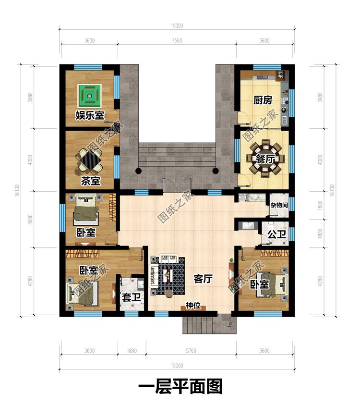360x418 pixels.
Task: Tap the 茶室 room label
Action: (91, 181)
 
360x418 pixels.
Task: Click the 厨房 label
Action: (263, 100)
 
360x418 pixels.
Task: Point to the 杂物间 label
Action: (279, 205)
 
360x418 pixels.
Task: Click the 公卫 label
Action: (277, 234)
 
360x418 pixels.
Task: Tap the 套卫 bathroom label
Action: (131, 297)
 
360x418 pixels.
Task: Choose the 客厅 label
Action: (203, 279)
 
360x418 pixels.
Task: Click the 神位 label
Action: (193, 305)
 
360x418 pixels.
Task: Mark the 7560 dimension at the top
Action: (177, 40)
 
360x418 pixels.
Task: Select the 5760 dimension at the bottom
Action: (191, 351)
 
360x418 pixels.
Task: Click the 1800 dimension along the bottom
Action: (132, 351)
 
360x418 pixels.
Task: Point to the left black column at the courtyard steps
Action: (138, 171)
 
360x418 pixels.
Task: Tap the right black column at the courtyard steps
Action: (216, 171)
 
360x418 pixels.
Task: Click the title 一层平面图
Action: (180, 387)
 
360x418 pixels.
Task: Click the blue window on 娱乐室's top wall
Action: (88, 67)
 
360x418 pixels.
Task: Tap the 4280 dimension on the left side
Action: (30, 281)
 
